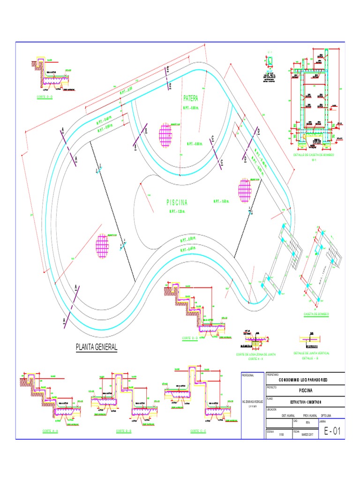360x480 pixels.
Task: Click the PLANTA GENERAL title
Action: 97,347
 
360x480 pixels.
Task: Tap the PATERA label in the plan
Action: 191,99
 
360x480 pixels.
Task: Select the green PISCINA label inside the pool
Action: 177,202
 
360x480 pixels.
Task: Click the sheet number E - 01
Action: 331,432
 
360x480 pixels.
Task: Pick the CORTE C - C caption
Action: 199,431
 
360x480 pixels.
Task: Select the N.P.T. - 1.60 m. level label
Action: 221,202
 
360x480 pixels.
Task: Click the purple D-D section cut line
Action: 251,145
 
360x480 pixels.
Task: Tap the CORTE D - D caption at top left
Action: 45,97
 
